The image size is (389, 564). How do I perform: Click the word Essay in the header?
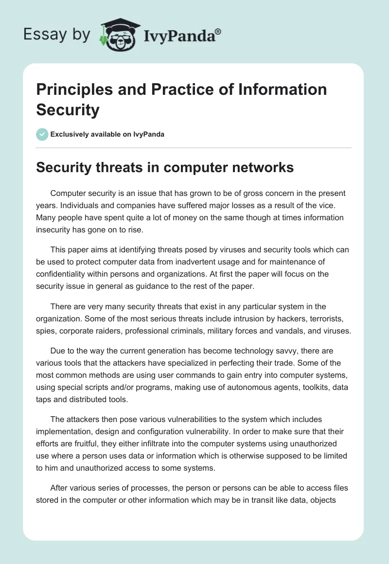pos(39,35)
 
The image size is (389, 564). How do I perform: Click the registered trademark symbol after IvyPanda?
pos(218,33)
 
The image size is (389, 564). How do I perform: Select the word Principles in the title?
pos(75,89)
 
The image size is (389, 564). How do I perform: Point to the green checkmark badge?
pos(42,134)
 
